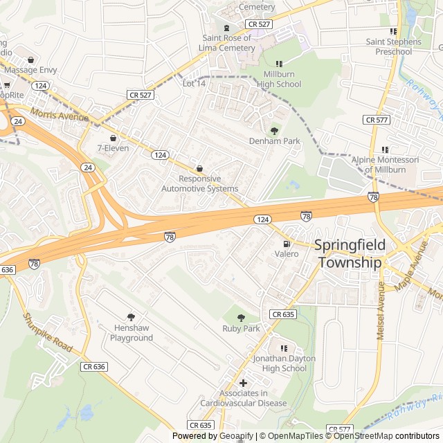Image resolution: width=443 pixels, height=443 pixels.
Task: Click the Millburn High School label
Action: tap(279, 79)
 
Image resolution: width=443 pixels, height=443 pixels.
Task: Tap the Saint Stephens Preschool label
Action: tap(393, 46)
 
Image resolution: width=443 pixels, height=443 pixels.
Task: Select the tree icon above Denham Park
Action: tap(274, 129)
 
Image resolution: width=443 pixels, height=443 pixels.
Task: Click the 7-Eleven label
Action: tap(113, 148)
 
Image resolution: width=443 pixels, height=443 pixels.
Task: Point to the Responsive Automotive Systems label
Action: tap(199, 183)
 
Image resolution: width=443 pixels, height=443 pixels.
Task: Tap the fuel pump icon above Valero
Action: tap(286, 244)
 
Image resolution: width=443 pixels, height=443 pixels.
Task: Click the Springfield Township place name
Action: tap(349, 253)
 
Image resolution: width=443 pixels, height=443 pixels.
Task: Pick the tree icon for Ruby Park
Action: tap(241, 318)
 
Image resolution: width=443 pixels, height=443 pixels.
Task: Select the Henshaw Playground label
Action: tap(132, 333)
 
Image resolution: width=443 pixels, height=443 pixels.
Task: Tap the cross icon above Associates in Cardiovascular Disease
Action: tap(243, 383)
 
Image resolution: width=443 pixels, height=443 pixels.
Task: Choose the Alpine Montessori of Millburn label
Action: tap(385, 165)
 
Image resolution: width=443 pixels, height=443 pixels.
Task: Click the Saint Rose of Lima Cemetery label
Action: tap(227, 43)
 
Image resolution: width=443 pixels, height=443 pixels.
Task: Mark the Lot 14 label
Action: tap(194, 84)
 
